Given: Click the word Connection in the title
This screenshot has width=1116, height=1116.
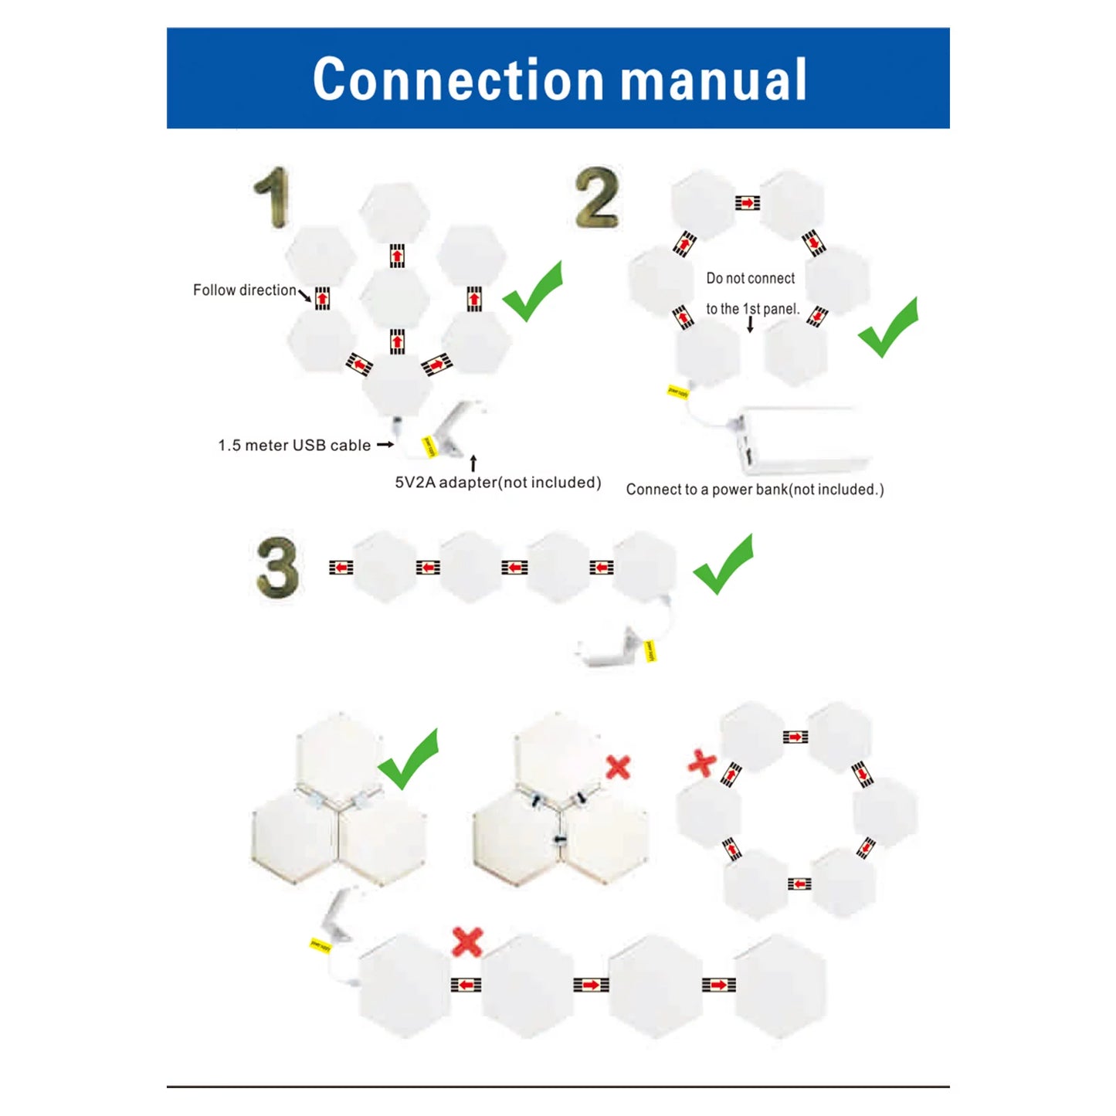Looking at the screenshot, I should (x=458, y=80).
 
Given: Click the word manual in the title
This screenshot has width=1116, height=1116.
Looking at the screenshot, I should (x=714, y=80).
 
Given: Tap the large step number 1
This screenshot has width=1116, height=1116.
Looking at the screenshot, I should (x=273, y=198).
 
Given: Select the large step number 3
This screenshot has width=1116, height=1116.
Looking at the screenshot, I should (x=277, y=568).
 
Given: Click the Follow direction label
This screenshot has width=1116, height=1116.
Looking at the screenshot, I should (x=244, y=290).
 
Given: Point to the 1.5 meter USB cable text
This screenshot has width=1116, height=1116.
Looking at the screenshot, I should (x=294, y=446).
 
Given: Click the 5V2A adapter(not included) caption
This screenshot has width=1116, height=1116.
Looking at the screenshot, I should (x=497, y=483).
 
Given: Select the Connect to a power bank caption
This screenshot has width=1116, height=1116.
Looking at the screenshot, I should (x=755, y=490).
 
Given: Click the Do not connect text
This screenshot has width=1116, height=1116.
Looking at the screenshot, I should (x=750, y=279).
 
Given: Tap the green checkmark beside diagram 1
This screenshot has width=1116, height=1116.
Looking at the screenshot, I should (x=533, y=291).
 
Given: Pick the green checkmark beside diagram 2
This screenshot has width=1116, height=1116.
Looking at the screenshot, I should (x=888, y=327).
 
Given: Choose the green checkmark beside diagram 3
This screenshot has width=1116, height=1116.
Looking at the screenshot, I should (x=723, y=564).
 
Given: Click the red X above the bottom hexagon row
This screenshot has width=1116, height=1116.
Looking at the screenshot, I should (x=467, y=941).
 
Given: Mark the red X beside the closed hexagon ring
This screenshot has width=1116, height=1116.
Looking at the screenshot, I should (x=701, y=763).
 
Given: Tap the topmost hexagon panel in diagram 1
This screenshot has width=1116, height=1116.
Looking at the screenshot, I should (x=395, y=212).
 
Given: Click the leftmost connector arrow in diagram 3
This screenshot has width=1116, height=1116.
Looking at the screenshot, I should (x=341, y=568).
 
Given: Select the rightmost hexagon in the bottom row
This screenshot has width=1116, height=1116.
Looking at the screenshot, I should (x=780, y=985).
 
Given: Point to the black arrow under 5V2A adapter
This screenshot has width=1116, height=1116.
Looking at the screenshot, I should (x=473, y=463).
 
